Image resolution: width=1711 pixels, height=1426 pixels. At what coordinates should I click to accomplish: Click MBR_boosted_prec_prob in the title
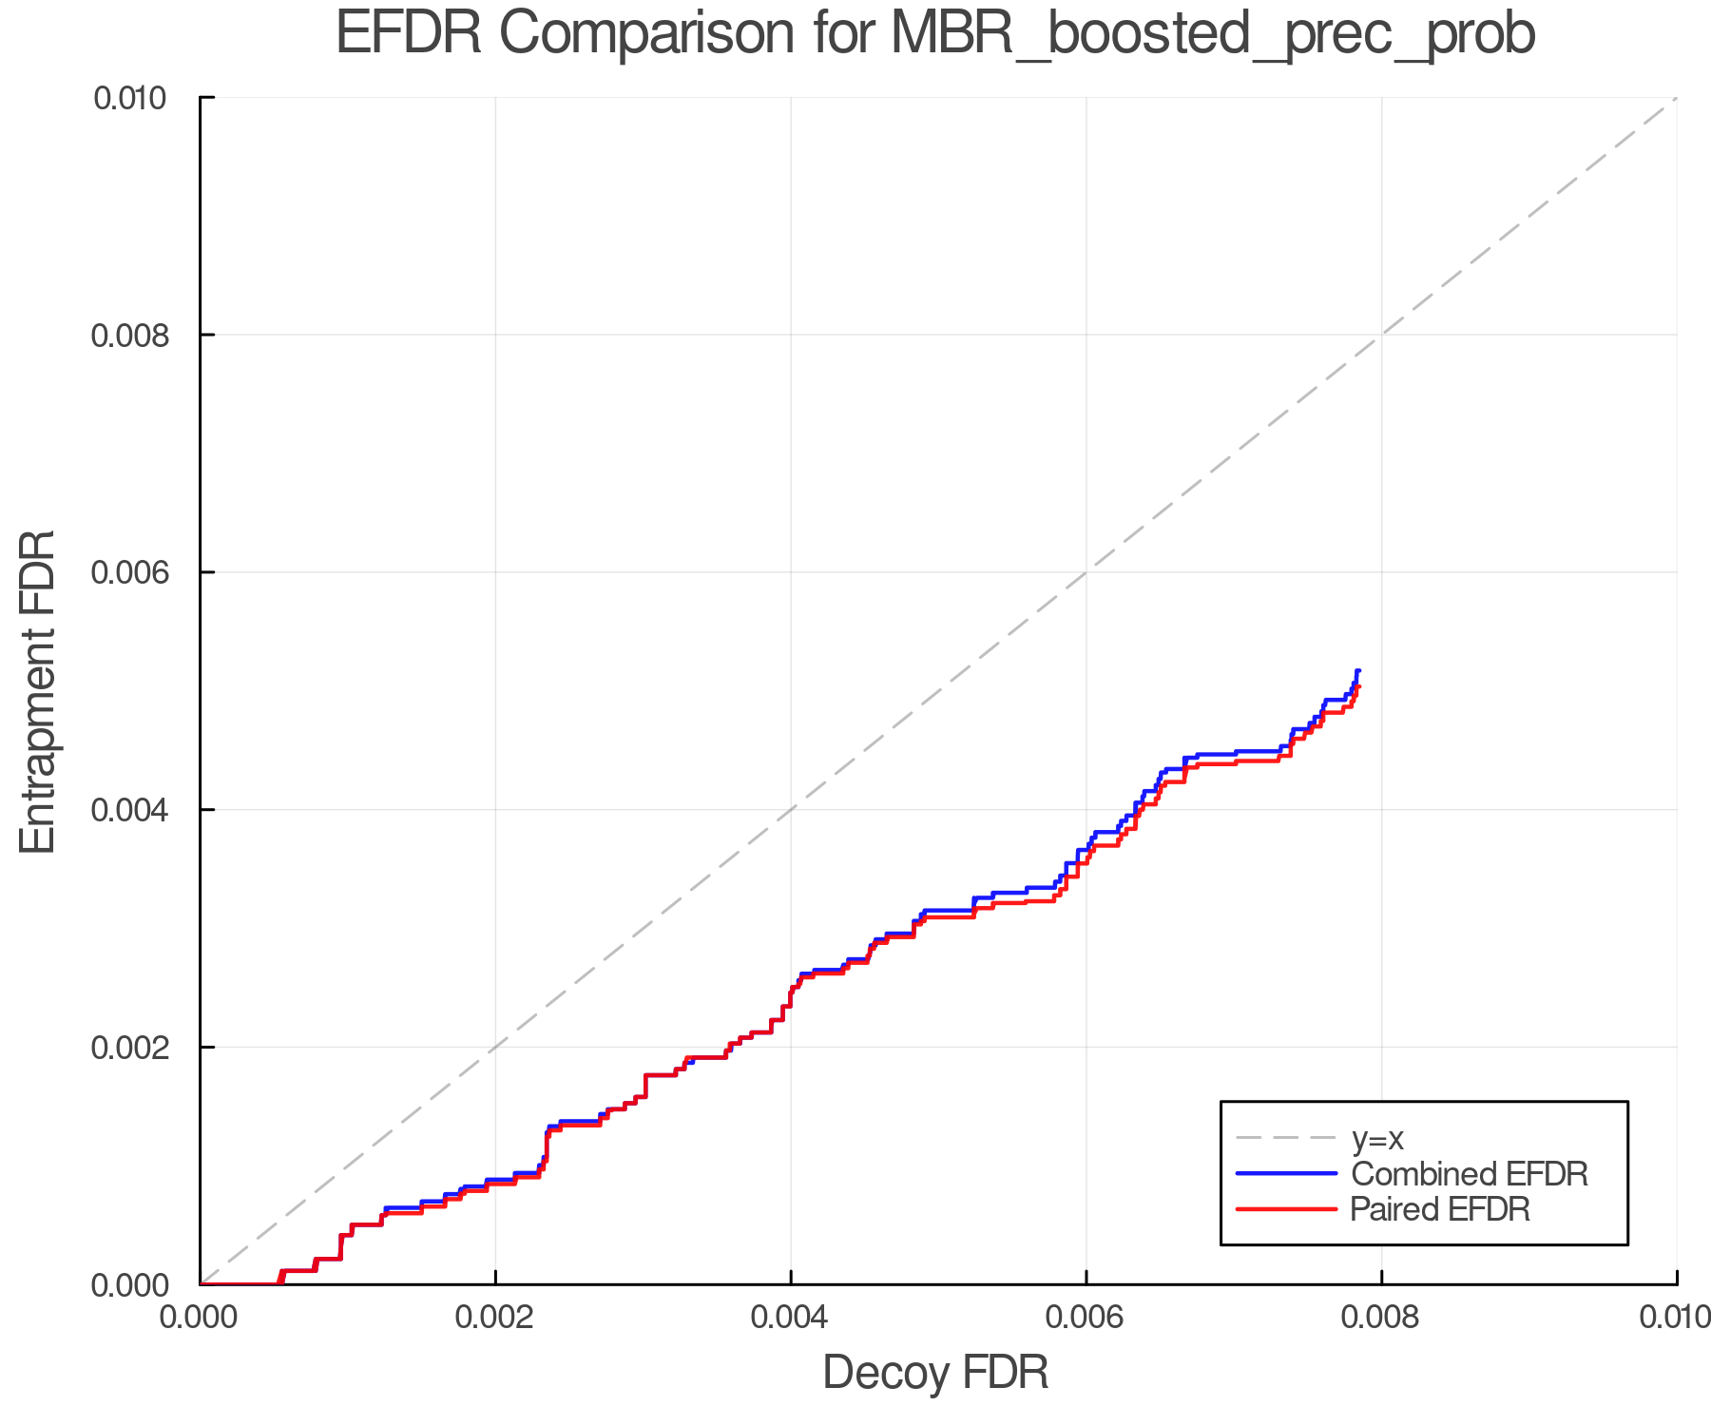coord(1213,35)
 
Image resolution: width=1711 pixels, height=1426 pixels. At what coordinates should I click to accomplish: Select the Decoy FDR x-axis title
coord(935,1373)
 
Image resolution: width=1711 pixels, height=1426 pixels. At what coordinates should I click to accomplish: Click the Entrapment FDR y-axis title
coord(38,691)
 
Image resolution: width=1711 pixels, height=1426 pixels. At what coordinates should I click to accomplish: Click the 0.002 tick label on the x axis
coord(495,1318)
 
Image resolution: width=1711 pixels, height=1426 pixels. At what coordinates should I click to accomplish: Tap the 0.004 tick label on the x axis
coord(791,1318)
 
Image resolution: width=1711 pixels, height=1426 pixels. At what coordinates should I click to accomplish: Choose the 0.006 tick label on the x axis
coord(1086,1318)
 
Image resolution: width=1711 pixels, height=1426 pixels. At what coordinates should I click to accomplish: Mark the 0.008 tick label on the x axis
coord(1381,1318)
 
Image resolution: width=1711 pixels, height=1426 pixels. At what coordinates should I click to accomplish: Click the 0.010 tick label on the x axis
coord(1675,1318)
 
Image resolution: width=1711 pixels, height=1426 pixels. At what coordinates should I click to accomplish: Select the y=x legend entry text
coord(1377,1138)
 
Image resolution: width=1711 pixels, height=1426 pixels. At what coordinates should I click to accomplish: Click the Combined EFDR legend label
coord(1469,1174)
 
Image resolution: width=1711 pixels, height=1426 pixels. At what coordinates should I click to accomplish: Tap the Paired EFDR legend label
coord(1440,1209)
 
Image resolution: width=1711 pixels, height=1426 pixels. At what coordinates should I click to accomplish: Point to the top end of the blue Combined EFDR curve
coord(1358,671)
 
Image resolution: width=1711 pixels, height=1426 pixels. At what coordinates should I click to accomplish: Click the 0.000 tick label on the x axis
coord(201,1318)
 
